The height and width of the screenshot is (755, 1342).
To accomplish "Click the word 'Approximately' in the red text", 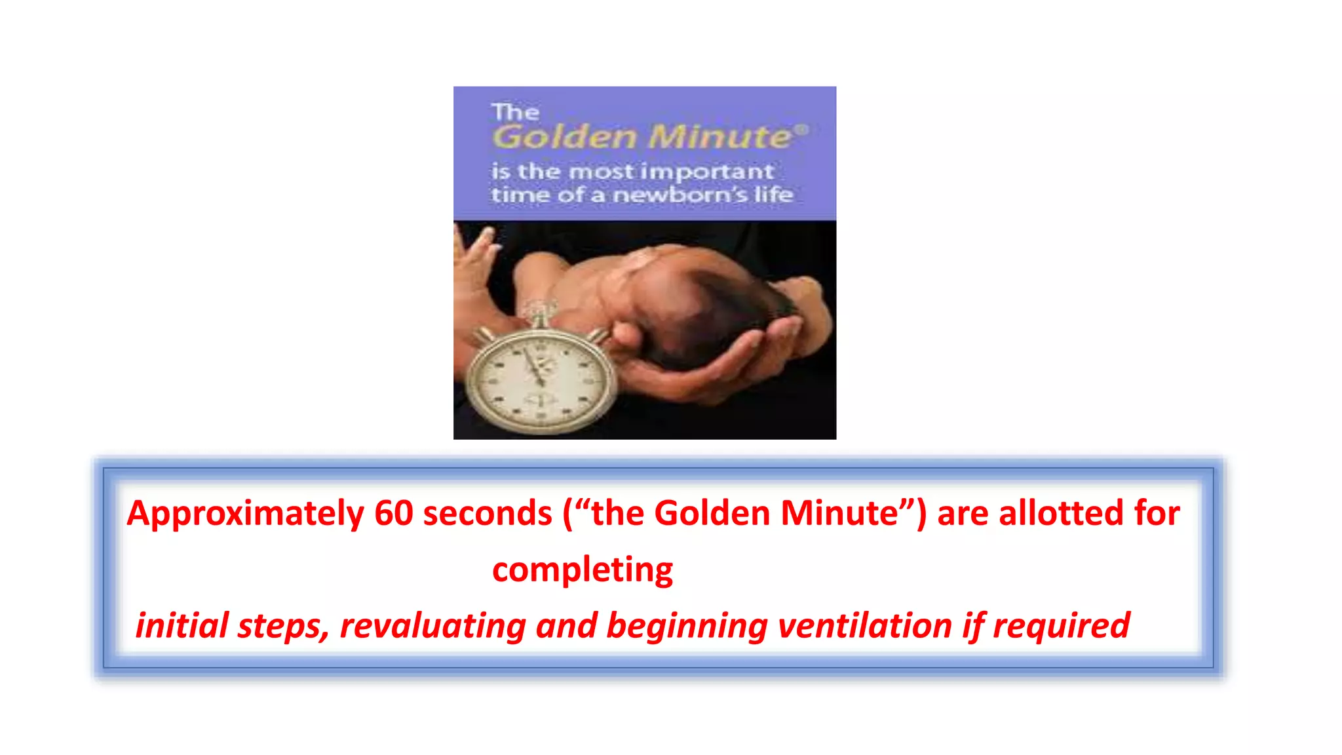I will [x=245, y=514].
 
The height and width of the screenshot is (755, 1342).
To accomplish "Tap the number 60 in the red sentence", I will [x=394, y=513].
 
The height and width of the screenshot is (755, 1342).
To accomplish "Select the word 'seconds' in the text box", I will [x=488, y=513].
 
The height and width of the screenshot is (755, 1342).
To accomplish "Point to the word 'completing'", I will [x=583, y=570].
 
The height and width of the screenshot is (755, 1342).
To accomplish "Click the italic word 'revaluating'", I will [x=432, y=625].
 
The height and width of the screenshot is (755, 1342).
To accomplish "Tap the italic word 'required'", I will [x=1062, y=627].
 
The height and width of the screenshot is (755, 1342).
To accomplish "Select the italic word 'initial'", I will [x=182, y=625].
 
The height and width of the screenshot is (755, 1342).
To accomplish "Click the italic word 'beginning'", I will [x=687, y=627].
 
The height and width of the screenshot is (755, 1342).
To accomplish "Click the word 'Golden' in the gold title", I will [x=565, y=137].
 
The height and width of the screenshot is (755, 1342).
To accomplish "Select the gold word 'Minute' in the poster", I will [x=719, y=137].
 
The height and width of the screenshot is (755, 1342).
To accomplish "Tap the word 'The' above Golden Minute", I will [x=515, y=112].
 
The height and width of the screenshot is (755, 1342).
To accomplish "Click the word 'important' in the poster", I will [x=708, y=172].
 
